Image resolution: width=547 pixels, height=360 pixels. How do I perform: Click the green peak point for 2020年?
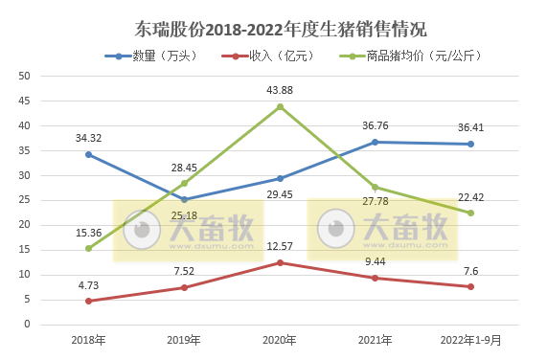click(280, 106)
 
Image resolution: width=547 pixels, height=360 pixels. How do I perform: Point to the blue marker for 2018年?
click(88, 154)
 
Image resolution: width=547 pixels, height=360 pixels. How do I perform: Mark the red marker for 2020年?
click(280, 262)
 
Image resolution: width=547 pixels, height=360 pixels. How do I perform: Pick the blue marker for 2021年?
click(375, 142)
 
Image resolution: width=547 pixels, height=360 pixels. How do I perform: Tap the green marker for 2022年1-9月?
click(470, 213)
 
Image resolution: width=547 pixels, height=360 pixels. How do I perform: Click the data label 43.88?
click(280, 90)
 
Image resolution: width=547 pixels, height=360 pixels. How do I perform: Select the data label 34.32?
click(88, 138)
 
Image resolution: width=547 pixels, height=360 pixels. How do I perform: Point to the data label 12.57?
click(280, 246)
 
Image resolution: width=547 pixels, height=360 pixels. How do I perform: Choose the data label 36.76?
click(375, 125)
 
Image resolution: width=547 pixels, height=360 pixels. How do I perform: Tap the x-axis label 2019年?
click(184, 340)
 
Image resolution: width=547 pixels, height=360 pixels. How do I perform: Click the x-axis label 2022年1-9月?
click(470, 340)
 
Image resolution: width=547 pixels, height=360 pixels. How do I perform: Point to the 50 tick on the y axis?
click(25, 76)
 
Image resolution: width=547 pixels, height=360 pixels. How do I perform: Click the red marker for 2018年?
click(88, 301)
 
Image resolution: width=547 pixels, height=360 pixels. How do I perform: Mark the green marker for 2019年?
click(184, 183)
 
